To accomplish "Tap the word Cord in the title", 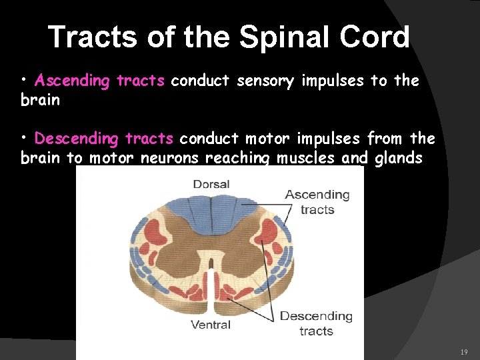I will point(377,37).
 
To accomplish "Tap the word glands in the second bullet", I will point(401,158).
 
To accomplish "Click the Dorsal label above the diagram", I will point(211,184).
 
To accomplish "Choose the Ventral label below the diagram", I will point(211,325).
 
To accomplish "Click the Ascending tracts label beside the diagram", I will point(317,201).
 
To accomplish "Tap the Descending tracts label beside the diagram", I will point(316,323).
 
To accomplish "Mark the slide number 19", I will point(464,351).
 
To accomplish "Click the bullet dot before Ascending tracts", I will point(24,81).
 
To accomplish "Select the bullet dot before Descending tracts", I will point(24,138).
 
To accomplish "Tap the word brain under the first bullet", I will point(40,101).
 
